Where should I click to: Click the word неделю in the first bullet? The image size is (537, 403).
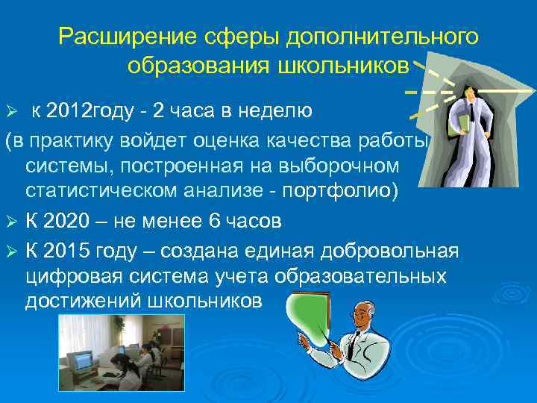(x=269, y=112)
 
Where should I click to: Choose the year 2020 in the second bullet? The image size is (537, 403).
(x=68, y=221)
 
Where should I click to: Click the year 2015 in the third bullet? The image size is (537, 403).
(x=68, y=250)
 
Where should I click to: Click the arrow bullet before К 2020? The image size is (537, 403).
(x=10, y=222)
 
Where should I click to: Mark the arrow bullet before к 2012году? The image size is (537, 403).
(x=10, y=113)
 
